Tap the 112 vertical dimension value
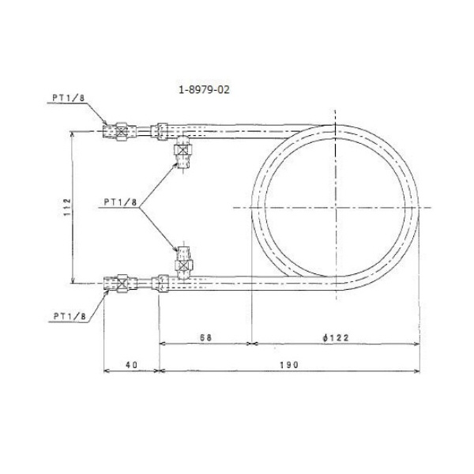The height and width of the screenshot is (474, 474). point(69,207)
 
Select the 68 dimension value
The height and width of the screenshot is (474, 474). point(206,337)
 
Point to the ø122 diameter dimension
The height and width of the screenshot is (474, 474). point(336,337)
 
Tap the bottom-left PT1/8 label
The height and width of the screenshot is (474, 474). point(69,315)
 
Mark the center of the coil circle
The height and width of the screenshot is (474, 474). point(337,206)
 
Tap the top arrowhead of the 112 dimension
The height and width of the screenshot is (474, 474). point(74,134)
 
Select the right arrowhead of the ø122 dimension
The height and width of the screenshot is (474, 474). point(417,344)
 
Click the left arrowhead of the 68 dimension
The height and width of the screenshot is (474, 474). point(163,344)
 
